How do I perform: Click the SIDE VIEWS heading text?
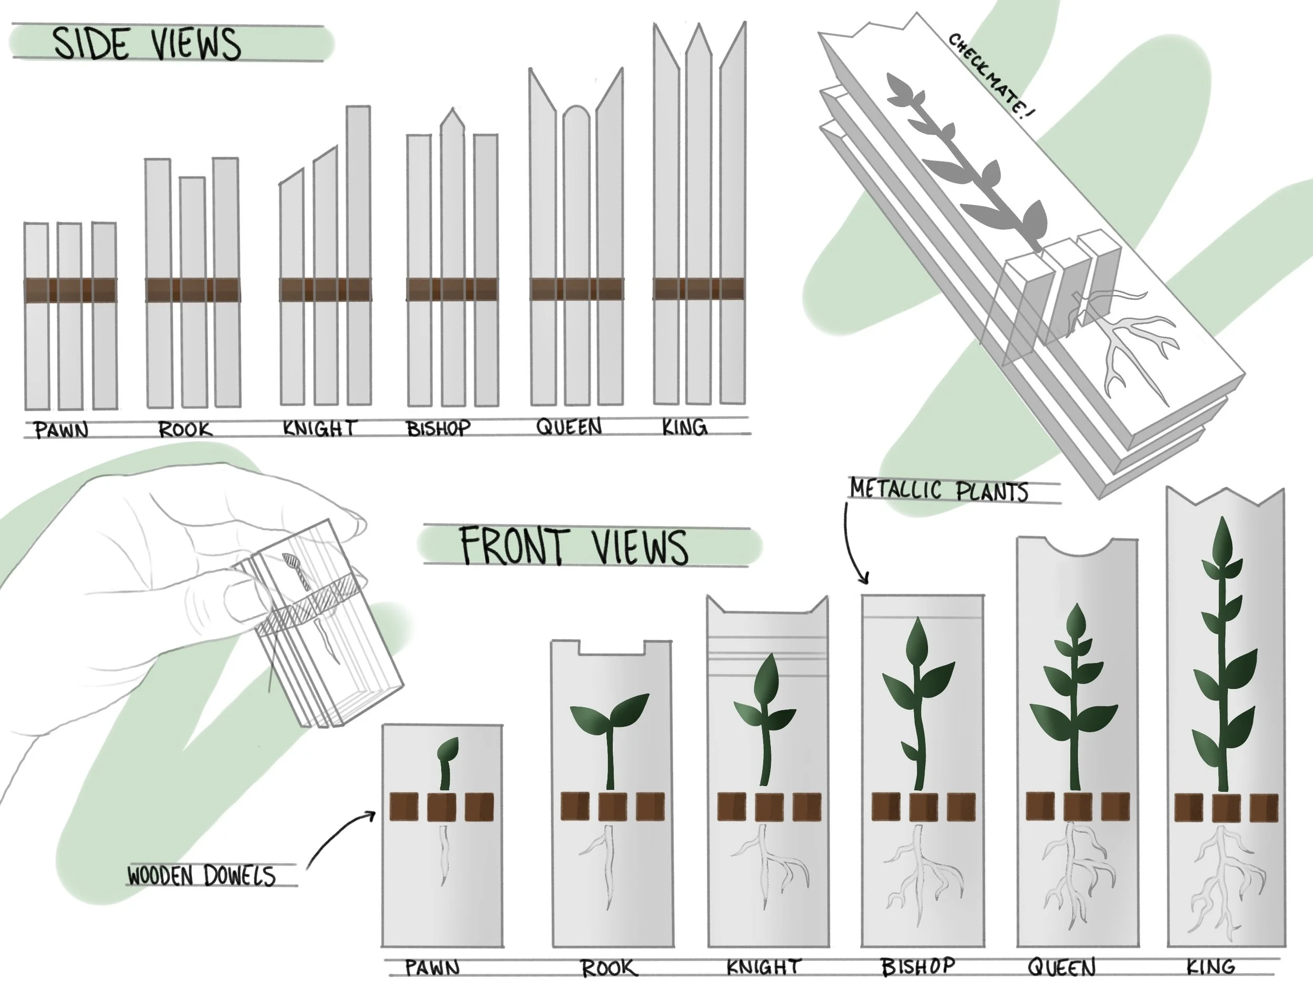point(147,44)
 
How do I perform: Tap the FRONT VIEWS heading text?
point(574,547)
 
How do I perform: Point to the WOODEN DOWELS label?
point(201,876)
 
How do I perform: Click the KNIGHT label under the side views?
point(319,428)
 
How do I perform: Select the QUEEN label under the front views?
point(1061,968)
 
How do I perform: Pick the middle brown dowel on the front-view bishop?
point(923,807)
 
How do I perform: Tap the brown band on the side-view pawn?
point(70,290)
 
